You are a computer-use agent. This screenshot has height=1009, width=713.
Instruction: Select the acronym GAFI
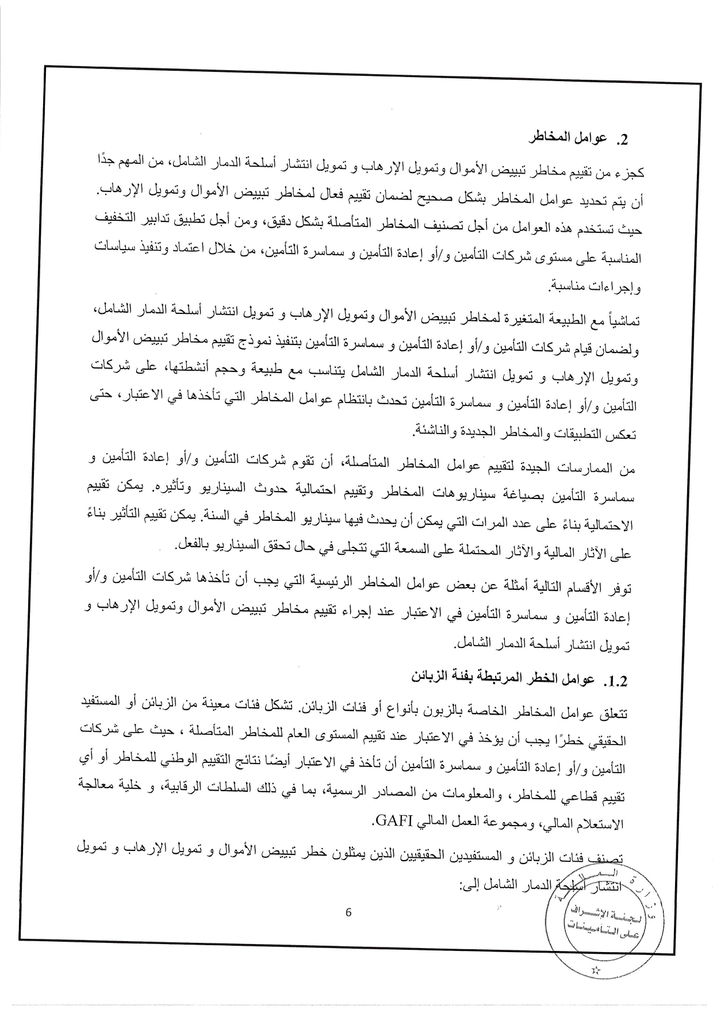(394, 819)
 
